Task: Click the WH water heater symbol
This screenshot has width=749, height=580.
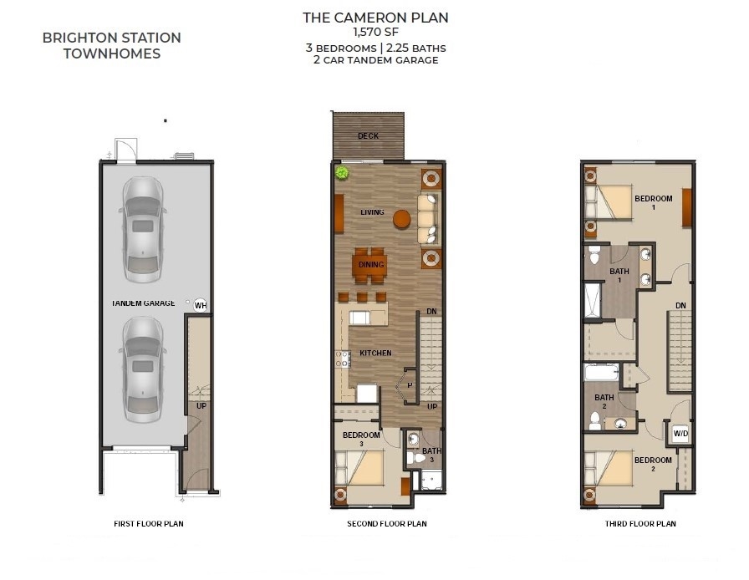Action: click(x=201, y=305)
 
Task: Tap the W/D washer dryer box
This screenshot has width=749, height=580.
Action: click(x=680, y=434)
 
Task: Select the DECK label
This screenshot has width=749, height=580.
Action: click(x=369, y=136)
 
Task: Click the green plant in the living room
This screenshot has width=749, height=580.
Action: click(x=342, y=172)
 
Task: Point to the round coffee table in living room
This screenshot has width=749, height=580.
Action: click(x=402, y=219)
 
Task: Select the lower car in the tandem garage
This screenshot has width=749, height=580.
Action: click(x=142, y=369)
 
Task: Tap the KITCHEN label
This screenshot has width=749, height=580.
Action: click(x=375, y=353)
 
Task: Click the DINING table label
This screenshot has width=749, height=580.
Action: click(x=371, y=265)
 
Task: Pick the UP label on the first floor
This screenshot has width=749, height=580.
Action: click(x=201, y=406)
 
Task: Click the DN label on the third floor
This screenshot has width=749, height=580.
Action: click(x=680, y=306)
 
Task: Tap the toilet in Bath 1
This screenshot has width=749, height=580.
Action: click(x=594, y=256)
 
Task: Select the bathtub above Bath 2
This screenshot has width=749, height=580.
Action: click(x=602, y=372)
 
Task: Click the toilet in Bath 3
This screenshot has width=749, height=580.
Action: click(x=416, y=458)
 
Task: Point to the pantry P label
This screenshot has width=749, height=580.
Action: click(x=410, y=385)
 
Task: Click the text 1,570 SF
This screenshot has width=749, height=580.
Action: click(x=375, y=33)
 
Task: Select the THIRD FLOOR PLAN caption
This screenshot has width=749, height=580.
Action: click(x=640, y=524)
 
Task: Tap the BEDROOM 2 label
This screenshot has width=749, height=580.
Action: click(x=653, y=464)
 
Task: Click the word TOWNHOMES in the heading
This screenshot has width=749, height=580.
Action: click(x=112, y=53)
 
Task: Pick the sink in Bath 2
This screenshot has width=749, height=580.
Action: click(x=619, y=423)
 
